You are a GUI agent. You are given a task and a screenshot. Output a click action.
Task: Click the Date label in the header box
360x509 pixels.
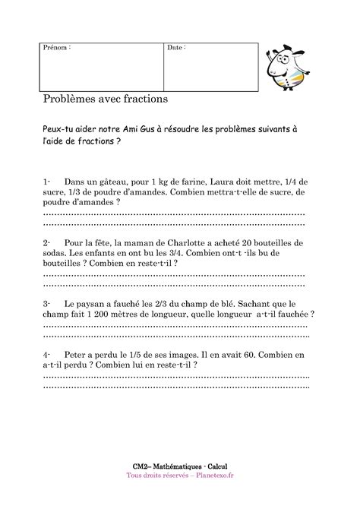click(176, 48)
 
